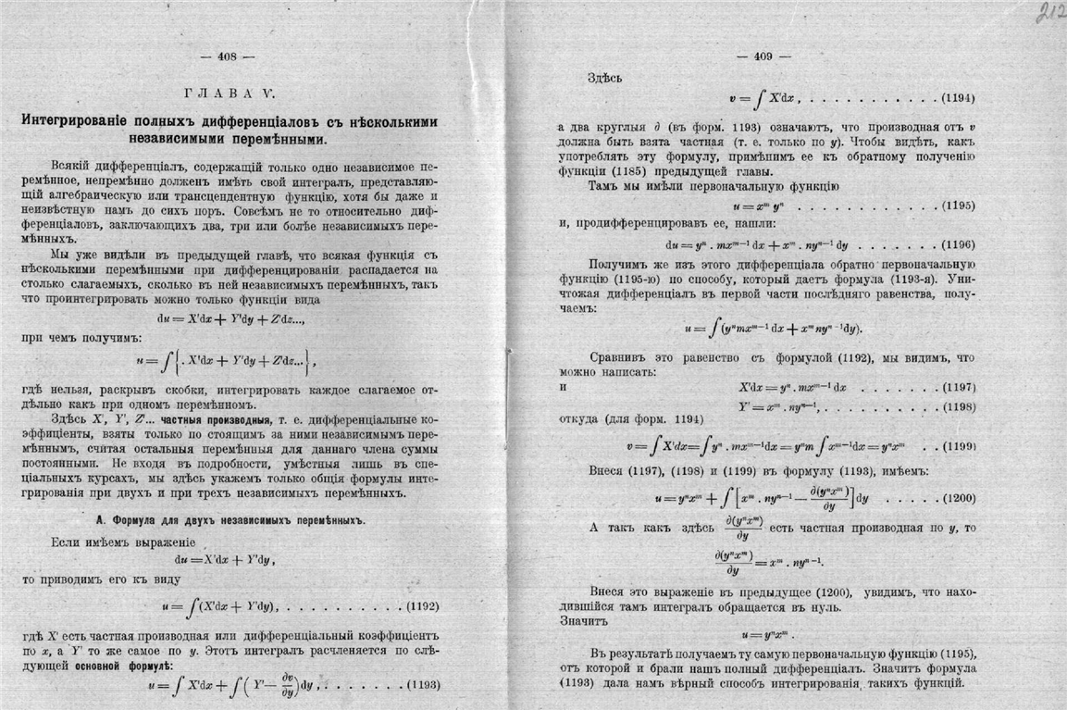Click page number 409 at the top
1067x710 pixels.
[x=763, y=56]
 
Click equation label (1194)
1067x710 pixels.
[x=958, y=97]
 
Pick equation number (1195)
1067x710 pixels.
[x=958, y=204]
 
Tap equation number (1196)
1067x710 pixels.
[x=958, y=246]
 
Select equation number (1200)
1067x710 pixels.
[x=958, y=498]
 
